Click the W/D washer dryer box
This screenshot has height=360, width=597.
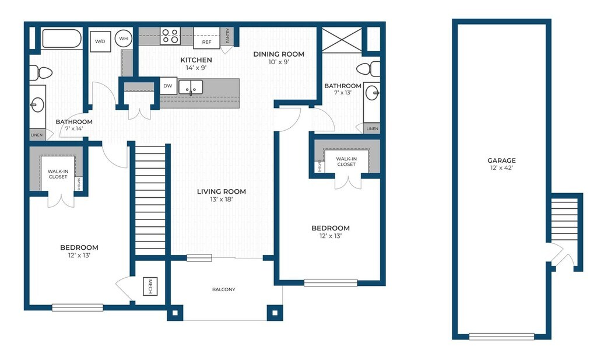tap(100, 41)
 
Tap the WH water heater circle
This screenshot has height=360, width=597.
tap(124, 39)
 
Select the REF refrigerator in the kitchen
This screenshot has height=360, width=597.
tap(206, 38)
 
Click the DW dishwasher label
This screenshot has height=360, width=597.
tap(168, 86)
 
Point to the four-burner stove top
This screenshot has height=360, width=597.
tap(170, 36)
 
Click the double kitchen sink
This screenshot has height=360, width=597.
tap(191, 88)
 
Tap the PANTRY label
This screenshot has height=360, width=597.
tap(227, 36)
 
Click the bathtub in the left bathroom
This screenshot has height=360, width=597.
tap(62, 39)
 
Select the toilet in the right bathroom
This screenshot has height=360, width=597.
tap(368, 69)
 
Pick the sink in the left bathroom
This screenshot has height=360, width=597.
tap(37, 105)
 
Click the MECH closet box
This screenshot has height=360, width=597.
tap(150, 286)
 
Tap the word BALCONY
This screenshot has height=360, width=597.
tap(223, 289)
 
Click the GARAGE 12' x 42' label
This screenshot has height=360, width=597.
tap(501, 164)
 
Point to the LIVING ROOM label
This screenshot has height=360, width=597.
tap(221, 191)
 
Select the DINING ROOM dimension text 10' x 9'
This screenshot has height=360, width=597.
tap(279, 62)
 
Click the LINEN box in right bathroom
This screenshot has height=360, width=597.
tap(372, 128)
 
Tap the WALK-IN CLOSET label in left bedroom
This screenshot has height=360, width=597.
tap(58, 174)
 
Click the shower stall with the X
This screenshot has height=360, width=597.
tap(342, 40)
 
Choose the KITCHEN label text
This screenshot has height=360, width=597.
tap(196, 60)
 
